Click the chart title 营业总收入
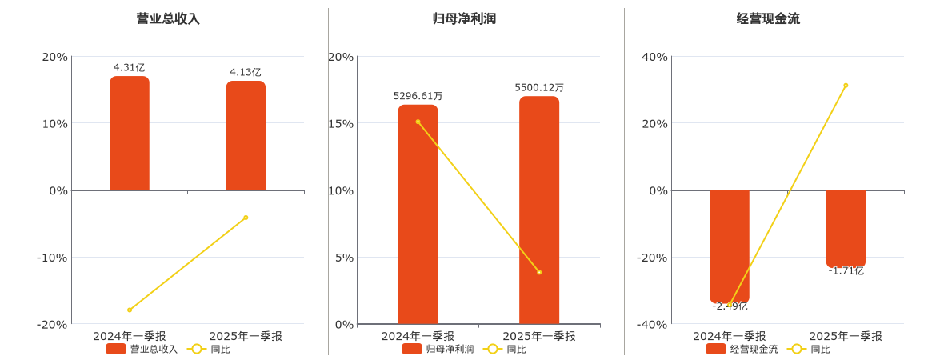pyautogui.click(x=168, y=18)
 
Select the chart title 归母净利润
pyautogui.click(x=464, y=18)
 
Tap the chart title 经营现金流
pyautogui.click(x=768, y=18)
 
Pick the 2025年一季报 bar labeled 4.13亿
pyautogui.click(x=246, y=136)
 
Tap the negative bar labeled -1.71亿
pyautogui.click(x=846, y=228)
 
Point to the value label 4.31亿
pyautogui.click(x=130, y=68)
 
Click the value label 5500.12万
pyautogui.click(x=539, y=88)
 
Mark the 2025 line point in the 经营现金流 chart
pyautogui.click(x=846, y=86)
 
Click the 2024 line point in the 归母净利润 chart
pyautogui.click(x=418, y=122)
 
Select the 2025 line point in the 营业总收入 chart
pyautogui.click(x=246, y=218)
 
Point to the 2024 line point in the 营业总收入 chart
pyautogui.click(x=130, y=310)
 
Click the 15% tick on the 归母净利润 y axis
pyautogui.click(x=342, y=123)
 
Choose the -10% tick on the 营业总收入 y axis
pyautogui.click(x=52, y=257)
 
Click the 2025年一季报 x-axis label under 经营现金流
pyautogui.click(x=846, y=336)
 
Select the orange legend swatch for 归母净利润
pyautogui.click(x=411, y=349)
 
